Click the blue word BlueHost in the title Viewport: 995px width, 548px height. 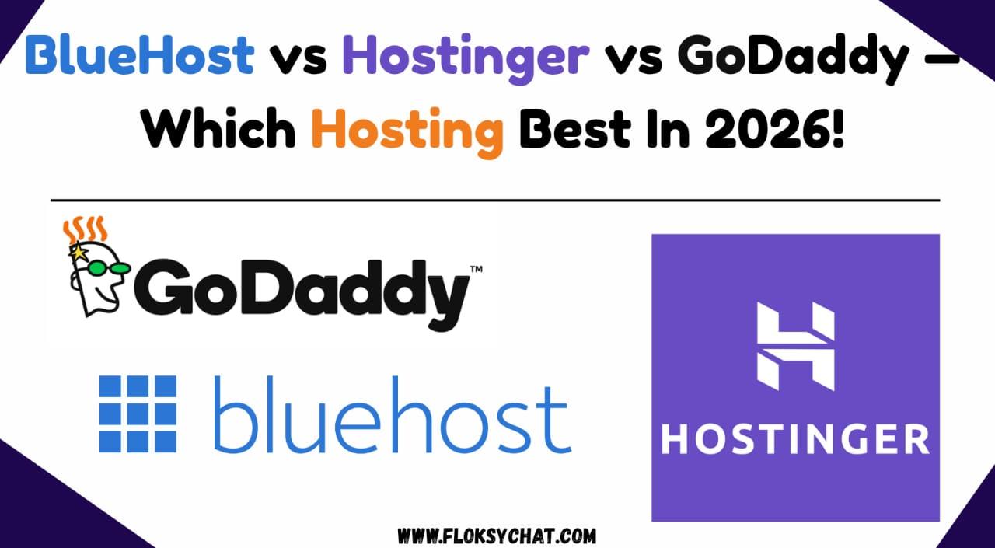[x=140, y=56]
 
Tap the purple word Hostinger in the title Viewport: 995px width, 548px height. [x=465, y=56]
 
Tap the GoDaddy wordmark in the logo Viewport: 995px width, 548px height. [x=303, y=291]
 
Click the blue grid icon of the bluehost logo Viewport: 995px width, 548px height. [x=138, y=414]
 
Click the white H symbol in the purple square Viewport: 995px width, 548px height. [x=795, y=347]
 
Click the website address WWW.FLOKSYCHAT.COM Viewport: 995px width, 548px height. [x=497, y=536]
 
